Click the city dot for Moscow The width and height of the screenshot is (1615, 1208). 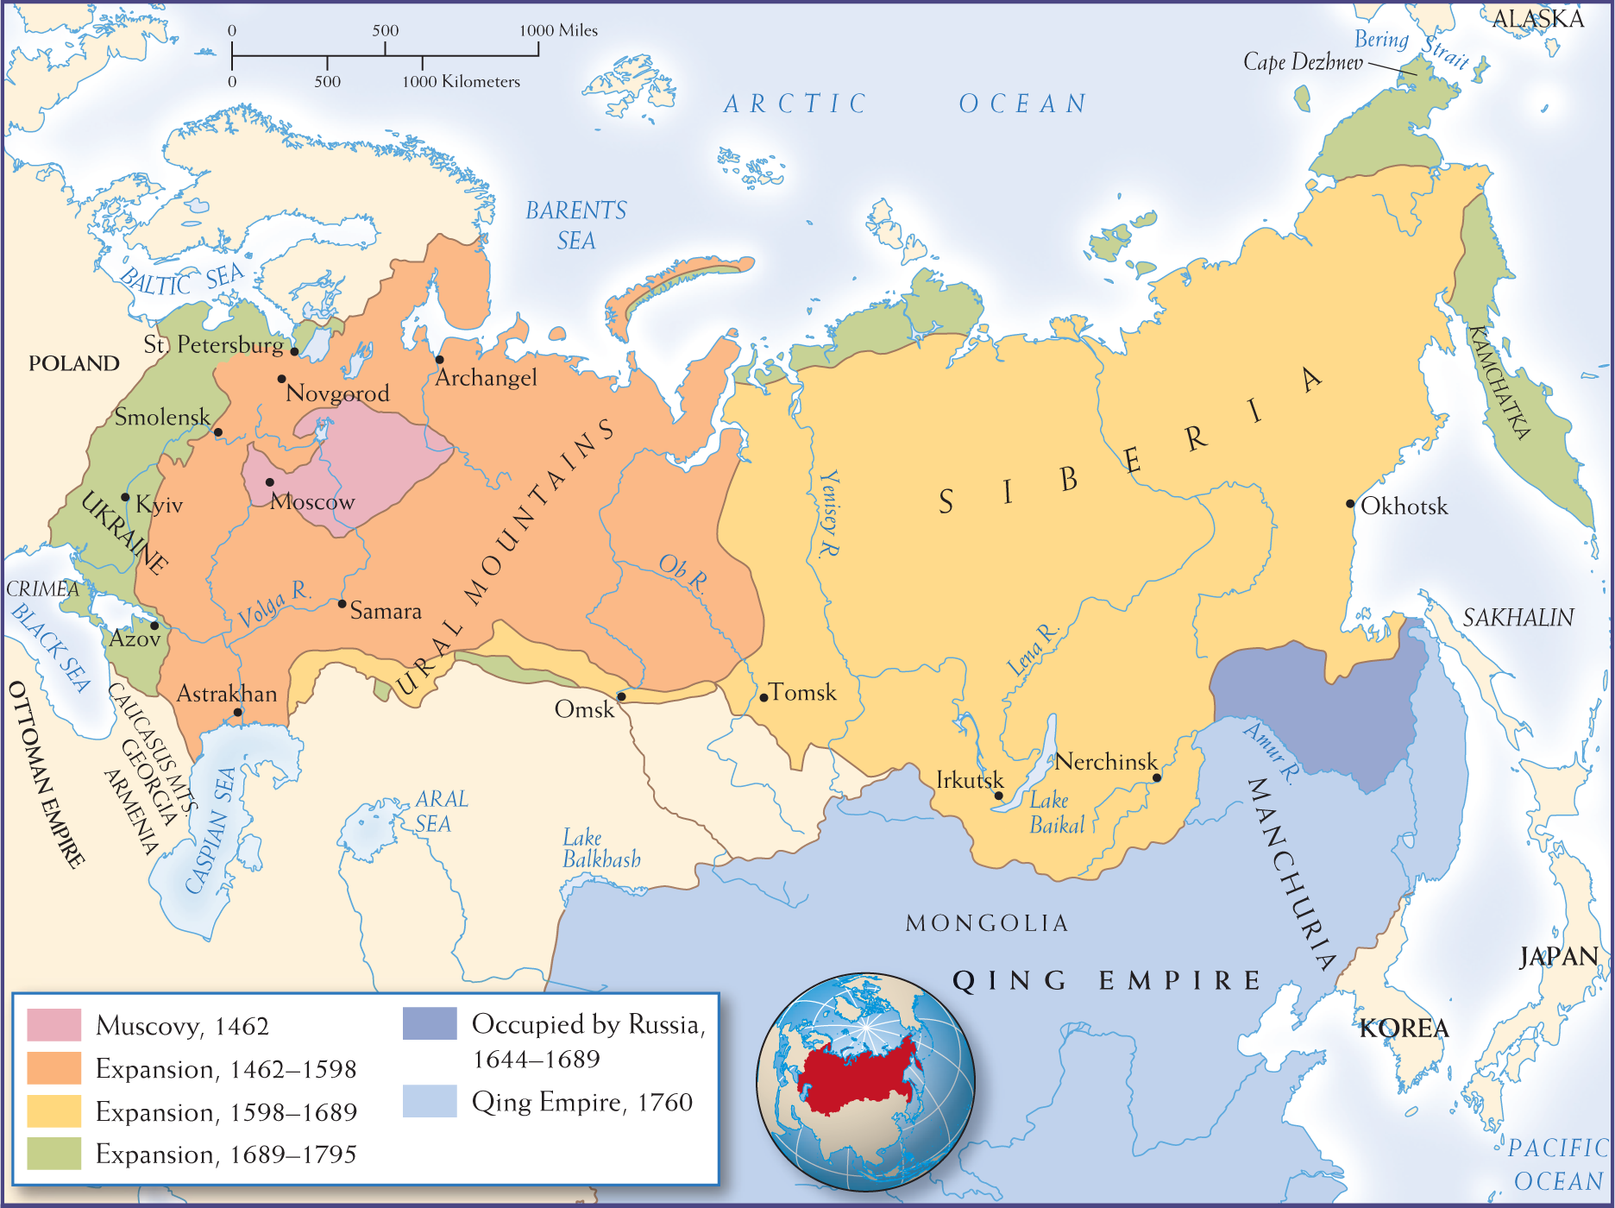click(270, 482)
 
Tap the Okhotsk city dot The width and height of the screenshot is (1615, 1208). click(1350, 504)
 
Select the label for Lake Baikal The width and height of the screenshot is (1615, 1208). click(1056, 813)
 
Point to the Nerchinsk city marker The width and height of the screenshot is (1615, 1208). click(1157, 777)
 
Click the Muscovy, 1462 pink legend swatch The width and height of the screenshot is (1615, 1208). click(53, 1025)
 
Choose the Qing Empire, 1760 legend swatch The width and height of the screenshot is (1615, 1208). click(430, 1101)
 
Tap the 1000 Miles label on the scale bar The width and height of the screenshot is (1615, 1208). click(558, 30)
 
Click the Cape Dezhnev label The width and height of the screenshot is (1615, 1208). click(1303, 62)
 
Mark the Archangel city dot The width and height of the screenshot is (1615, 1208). click(439, 359)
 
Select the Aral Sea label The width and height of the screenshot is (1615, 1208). click(441, 811)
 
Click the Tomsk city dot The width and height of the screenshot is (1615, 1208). click(764, 697)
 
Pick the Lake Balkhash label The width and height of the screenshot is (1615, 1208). click(600, 849)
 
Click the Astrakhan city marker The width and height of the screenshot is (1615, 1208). click(238, 713)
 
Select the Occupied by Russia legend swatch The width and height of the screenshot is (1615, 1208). click(430, 1023)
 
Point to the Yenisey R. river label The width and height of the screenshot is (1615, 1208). click(828, 513)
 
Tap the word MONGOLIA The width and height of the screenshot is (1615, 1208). click(987, 923)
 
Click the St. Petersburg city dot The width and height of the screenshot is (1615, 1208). click(294, 351)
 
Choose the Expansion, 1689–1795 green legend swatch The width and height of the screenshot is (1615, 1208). click(53, 1154)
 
